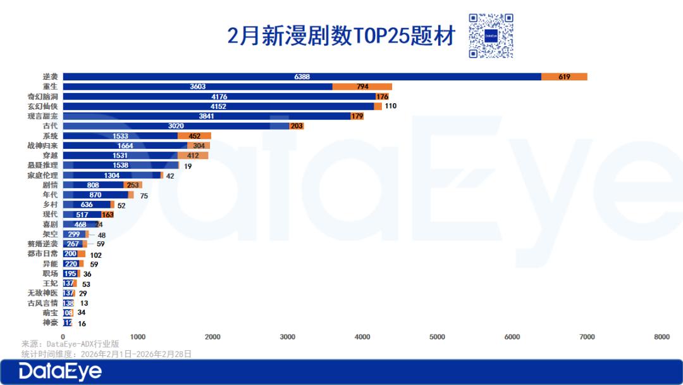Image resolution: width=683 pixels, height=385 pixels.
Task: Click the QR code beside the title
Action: point(491,36)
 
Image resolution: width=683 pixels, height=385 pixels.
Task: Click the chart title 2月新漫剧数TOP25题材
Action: point(341,36)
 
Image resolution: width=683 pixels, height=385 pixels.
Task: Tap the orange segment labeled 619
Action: point(564,77)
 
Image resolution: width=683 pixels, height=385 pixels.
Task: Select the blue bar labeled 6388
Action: point(302,77)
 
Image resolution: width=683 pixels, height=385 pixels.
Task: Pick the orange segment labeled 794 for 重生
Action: point(362,87)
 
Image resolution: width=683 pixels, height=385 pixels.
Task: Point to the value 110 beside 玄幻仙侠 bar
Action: point(390,106)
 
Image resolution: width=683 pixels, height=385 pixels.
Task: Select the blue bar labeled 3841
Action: point(207,116)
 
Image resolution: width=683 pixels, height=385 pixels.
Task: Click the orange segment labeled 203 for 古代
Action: point(297,126)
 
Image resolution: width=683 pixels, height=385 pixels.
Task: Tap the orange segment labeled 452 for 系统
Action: point(194,136)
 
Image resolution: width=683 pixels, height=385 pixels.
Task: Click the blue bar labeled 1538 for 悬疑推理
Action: point(120,165)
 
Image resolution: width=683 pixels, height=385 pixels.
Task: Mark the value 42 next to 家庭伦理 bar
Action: point(169,175)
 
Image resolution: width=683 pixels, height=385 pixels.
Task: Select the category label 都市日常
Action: point(42,254)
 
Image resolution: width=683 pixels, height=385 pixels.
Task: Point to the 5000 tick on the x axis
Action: point(437,337)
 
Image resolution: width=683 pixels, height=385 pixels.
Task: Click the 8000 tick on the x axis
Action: point(661,337)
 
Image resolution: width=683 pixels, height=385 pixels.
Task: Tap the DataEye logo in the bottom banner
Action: point(60,372)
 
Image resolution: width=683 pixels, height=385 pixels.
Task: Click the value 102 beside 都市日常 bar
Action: point(95,255)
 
